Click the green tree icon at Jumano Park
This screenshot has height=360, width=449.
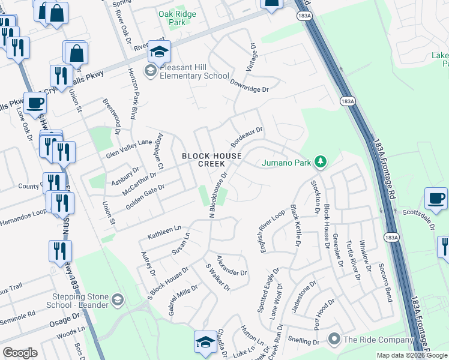coord(321,161)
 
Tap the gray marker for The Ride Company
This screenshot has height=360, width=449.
coord(334,340)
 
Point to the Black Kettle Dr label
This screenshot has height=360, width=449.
coord(295,226)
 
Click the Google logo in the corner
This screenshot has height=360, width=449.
coord(20,353)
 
